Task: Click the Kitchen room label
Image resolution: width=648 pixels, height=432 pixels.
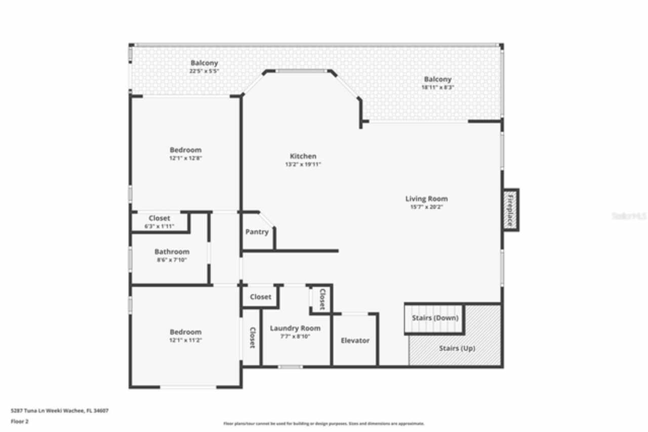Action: coord(303,156)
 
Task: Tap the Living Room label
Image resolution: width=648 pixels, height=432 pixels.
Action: coord(426,199)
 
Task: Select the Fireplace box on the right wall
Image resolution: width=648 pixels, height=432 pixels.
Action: coord(510,210)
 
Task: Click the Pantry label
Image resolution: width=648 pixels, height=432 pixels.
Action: coord(257,232)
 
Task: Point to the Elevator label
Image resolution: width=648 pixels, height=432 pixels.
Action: coord(355,340)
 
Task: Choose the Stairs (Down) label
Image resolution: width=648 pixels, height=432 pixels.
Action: coord(434,318)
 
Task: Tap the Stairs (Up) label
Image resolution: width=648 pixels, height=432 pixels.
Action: coord(457,348)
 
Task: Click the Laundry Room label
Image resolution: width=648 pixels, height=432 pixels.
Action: coord(295,328)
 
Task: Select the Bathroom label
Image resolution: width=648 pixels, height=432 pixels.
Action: coord(172,251)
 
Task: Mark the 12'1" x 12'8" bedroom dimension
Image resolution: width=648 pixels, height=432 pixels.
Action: coord(185,158)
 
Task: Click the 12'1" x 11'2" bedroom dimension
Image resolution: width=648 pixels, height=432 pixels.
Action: coord(185,340)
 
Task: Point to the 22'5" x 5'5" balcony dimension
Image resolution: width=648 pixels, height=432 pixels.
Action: coord(204,71)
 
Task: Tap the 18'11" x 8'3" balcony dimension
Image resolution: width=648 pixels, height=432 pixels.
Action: coord(437,87)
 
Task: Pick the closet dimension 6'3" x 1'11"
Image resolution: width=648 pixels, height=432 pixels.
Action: coord(159,226)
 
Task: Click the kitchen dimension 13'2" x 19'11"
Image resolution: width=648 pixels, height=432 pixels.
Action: coord(303,164)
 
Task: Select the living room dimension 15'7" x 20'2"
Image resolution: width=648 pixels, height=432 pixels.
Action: coord(426,207)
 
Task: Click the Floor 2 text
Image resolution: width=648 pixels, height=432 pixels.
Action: coord(19,421)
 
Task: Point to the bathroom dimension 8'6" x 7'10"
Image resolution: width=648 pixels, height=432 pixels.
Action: coord(172,260)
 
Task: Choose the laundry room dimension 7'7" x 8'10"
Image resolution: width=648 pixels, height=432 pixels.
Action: coord(295,336)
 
